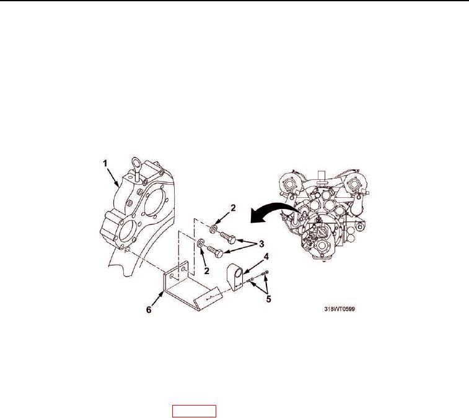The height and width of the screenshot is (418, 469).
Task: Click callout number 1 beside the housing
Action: [x=105, y=164]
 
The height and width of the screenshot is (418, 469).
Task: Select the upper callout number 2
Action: [x=233, y=208]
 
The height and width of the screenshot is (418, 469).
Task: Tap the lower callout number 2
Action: [x=206, y=271]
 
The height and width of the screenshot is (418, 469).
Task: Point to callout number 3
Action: [x=261, y=244]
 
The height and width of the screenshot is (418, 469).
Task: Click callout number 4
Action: [x=266, y=257]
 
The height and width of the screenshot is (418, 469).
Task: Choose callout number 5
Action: [x=269, y=299]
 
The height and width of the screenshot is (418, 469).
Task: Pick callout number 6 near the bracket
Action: [x=149, y=310]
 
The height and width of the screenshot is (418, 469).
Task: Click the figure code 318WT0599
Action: [x=340, y=309]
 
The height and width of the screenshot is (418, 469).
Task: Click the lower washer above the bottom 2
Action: [x=200, y=242]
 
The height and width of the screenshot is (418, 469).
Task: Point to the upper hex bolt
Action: [x=228, y=237]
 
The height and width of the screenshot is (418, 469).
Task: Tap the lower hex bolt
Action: [x=214, y=251]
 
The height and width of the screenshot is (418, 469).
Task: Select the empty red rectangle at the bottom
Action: [x=194, y=411]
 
